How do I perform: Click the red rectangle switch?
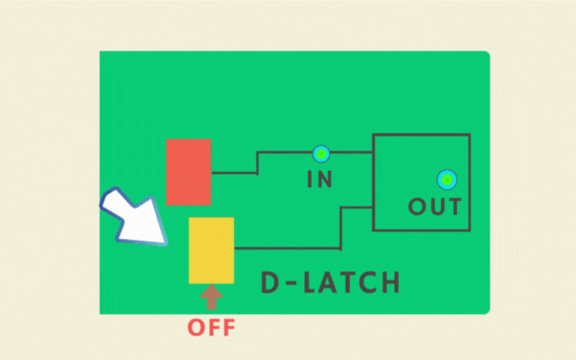click(188, 172)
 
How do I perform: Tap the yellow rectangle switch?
click(211, 249)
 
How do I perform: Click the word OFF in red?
click(211, 327)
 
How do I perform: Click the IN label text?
click(319, 179)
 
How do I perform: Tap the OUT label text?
click(435, 207)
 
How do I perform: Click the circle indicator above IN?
click(319, 153)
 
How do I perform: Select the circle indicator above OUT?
click(445, 178)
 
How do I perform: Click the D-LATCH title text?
click(329, 283)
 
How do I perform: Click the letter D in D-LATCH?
click(270, 283)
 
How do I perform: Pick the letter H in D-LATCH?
click(389, 283)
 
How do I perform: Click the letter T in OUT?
click(454, 207)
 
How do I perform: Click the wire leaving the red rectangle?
click(234, 172)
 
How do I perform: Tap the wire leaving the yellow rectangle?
click(288, 247)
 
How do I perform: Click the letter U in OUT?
click(436, 207)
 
